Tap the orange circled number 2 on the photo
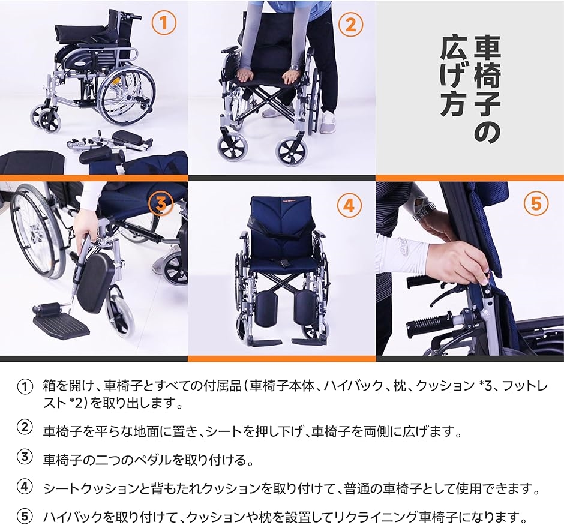(351, 24)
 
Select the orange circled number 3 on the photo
(161, 205)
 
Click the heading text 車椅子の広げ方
(472, 90)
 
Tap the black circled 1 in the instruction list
(24, 386)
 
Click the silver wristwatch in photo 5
(424, 211)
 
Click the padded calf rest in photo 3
(94, 280)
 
